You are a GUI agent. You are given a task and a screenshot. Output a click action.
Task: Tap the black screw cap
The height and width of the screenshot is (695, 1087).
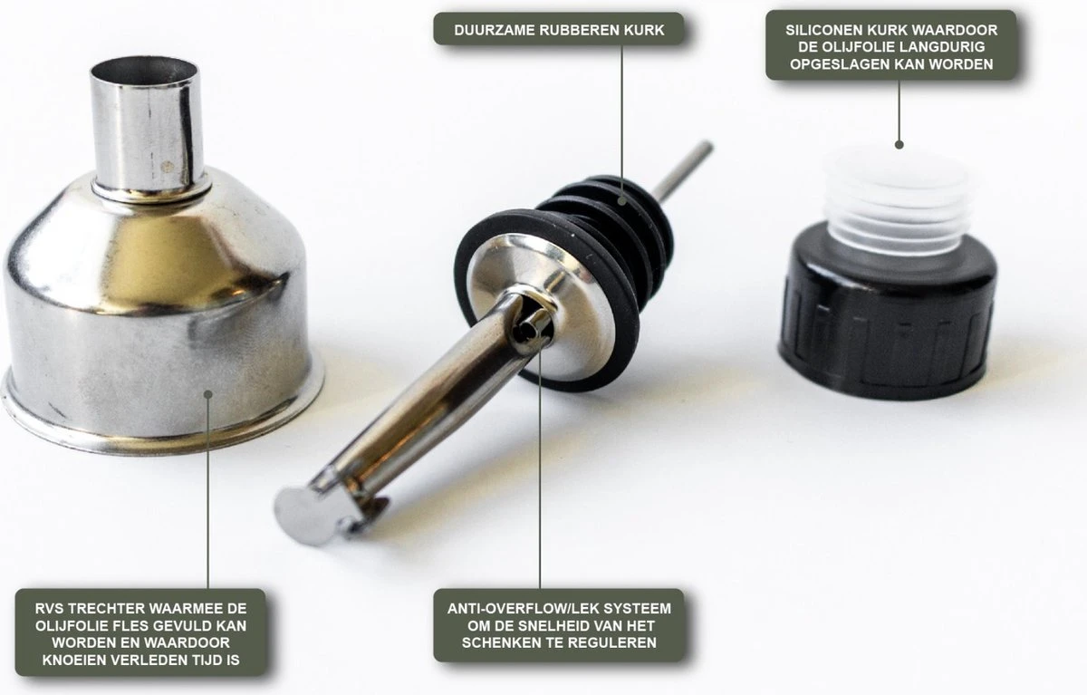[x=887, y=312]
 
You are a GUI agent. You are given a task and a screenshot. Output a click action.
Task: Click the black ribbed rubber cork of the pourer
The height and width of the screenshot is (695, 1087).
[x=582, y=272]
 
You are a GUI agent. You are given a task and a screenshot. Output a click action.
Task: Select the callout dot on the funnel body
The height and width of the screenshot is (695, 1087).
[x=208, y=394]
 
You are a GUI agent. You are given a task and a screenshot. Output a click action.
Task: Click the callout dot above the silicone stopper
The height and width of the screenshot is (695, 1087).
[x=899, y=145]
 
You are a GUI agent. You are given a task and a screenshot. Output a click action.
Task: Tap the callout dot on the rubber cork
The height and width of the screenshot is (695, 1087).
[x=622, y=200]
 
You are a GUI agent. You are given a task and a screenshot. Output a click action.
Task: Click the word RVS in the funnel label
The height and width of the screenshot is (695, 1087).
[x=50, y=609]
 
